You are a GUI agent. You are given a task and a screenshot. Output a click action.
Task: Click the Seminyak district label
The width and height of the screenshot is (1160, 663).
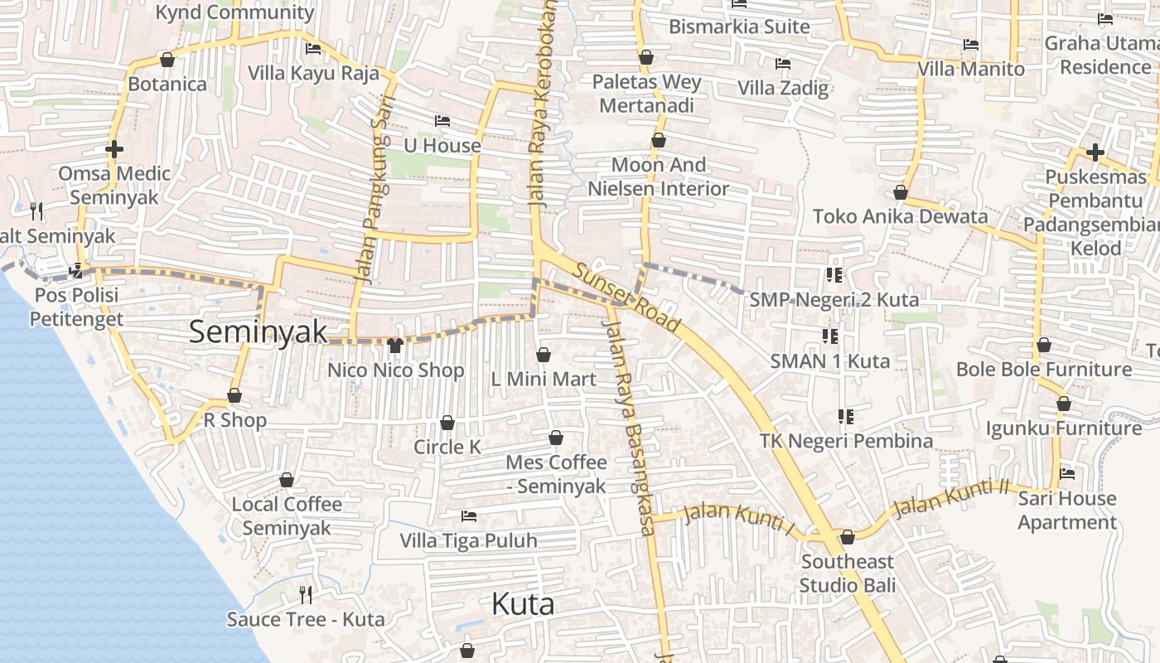click(258, 331)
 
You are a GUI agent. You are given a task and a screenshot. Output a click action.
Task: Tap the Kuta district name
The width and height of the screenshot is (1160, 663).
click(523, 604)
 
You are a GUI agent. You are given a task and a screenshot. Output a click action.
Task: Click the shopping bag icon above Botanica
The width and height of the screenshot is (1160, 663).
click(167, 60)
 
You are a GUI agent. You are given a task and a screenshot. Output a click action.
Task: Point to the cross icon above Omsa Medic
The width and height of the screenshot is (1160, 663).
click(114, 149)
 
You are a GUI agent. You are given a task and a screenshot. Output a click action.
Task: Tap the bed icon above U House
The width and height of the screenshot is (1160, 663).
click(442, 121)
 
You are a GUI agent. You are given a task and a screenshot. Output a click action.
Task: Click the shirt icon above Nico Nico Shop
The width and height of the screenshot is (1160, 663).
click(395, 345)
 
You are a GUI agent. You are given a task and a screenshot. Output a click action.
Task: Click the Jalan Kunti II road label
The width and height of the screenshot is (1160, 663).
click(951, 496)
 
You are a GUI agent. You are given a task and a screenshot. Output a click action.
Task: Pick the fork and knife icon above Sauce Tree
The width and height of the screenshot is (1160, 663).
click(306, 594)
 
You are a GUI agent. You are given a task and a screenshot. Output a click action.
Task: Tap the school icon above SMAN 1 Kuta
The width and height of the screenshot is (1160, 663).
click(829, 336)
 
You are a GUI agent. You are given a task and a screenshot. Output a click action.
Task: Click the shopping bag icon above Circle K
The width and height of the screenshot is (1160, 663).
click(447, 423)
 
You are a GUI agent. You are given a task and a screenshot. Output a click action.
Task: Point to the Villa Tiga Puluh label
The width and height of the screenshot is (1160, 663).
click(468, 541)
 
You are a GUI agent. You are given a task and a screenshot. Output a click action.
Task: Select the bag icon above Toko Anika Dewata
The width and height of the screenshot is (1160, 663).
click(901, 192)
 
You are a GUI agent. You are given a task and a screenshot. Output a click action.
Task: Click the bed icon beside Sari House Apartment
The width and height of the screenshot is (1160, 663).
click(1067, 474)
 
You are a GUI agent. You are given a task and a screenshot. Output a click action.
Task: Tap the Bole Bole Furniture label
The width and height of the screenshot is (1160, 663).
click(1043, 369)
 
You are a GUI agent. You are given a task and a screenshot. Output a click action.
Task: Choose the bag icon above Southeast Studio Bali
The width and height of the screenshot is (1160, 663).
click(847, 537)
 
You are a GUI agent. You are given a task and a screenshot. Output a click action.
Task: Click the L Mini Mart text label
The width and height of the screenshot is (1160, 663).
click(543, 380)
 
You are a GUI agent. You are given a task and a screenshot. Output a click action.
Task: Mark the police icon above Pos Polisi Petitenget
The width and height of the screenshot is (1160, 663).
click(77, 269)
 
